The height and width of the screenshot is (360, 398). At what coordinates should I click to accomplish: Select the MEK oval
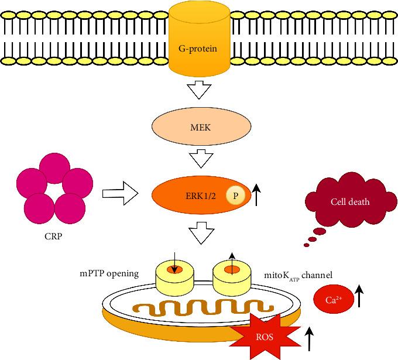click(199, 125)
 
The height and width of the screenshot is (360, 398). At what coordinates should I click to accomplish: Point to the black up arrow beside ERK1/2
click(256, 195)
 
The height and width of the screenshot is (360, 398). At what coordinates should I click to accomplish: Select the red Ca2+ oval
click(334, 300)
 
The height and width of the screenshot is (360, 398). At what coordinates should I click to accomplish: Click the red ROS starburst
click(262, 337)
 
